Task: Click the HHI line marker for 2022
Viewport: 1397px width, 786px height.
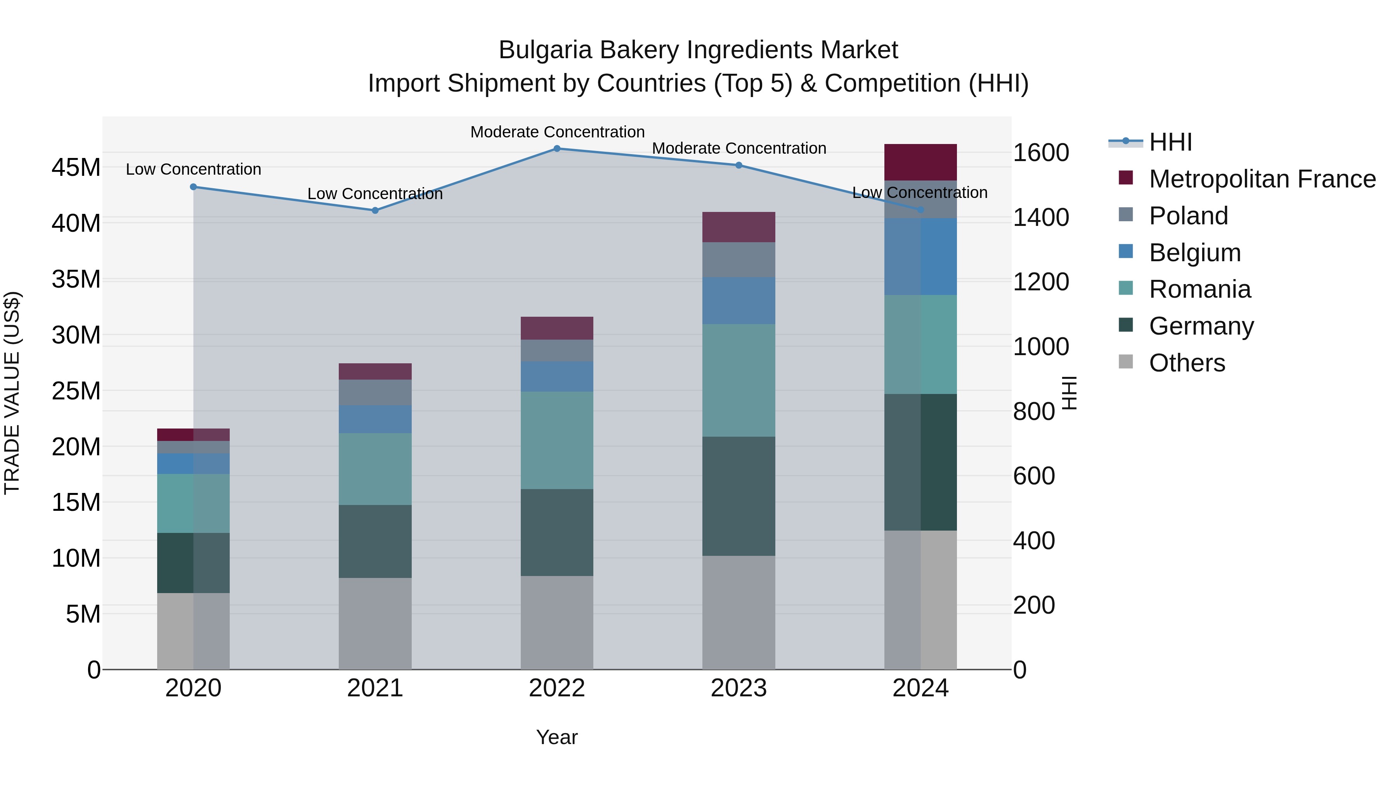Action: [557, 149]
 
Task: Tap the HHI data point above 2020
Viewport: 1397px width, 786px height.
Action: [194, 187]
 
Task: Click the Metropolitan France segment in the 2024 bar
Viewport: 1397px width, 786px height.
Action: [920, 162]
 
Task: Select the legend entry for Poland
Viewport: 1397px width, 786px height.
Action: [1188, 216]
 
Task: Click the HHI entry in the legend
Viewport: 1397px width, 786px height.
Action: [1170, 142]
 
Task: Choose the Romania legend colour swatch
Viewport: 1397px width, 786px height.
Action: [1126, 288]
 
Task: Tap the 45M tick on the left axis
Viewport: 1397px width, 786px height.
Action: [76, 168]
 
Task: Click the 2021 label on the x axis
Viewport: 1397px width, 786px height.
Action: [375, 688]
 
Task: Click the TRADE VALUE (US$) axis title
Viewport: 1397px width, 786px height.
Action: [12, 393]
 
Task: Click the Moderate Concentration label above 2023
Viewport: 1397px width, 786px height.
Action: [738, 148]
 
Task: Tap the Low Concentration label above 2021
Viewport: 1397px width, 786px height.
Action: [375, 194]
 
